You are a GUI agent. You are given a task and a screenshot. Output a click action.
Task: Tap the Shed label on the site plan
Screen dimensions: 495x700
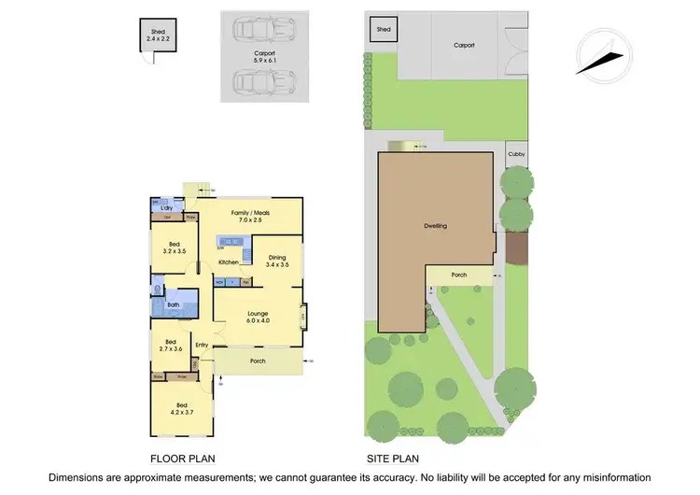(383, 30)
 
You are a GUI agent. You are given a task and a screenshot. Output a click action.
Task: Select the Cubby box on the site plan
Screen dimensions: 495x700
(515, 155)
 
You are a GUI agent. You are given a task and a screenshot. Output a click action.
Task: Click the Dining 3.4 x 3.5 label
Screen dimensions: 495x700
(278, 261)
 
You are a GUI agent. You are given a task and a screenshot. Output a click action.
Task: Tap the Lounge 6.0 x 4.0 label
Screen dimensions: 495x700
(259, 317)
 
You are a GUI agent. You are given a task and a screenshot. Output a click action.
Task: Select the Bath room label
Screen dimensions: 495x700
(174, 304)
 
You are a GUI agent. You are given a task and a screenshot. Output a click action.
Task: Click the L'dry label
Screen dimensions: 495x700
(168, 207)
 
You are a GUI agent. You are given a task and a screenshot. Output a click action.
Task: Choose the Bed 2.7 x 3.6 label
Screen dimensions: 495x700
(171, 346)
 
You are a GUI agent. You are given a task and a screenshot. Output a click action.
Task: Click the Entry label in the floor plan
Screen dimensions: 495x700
(202, 345)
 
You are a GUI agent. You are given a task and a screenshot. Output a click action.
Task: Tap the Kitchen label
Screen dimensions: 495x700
(230, 262)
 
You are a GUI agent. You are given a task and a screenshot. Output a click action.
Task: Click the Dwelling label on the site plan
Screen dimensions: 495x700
(435, 226)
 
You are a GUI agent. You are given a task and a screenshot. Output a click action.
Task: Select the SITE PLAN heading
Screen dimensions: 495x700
(392, 459)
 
